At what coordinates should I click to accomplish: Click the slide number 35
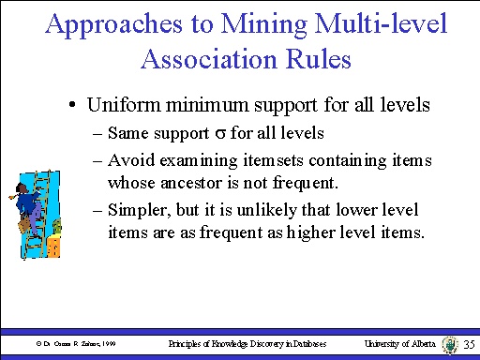click(470, 346)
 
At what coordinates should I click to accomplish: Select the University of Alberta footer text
click(399, 345)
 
